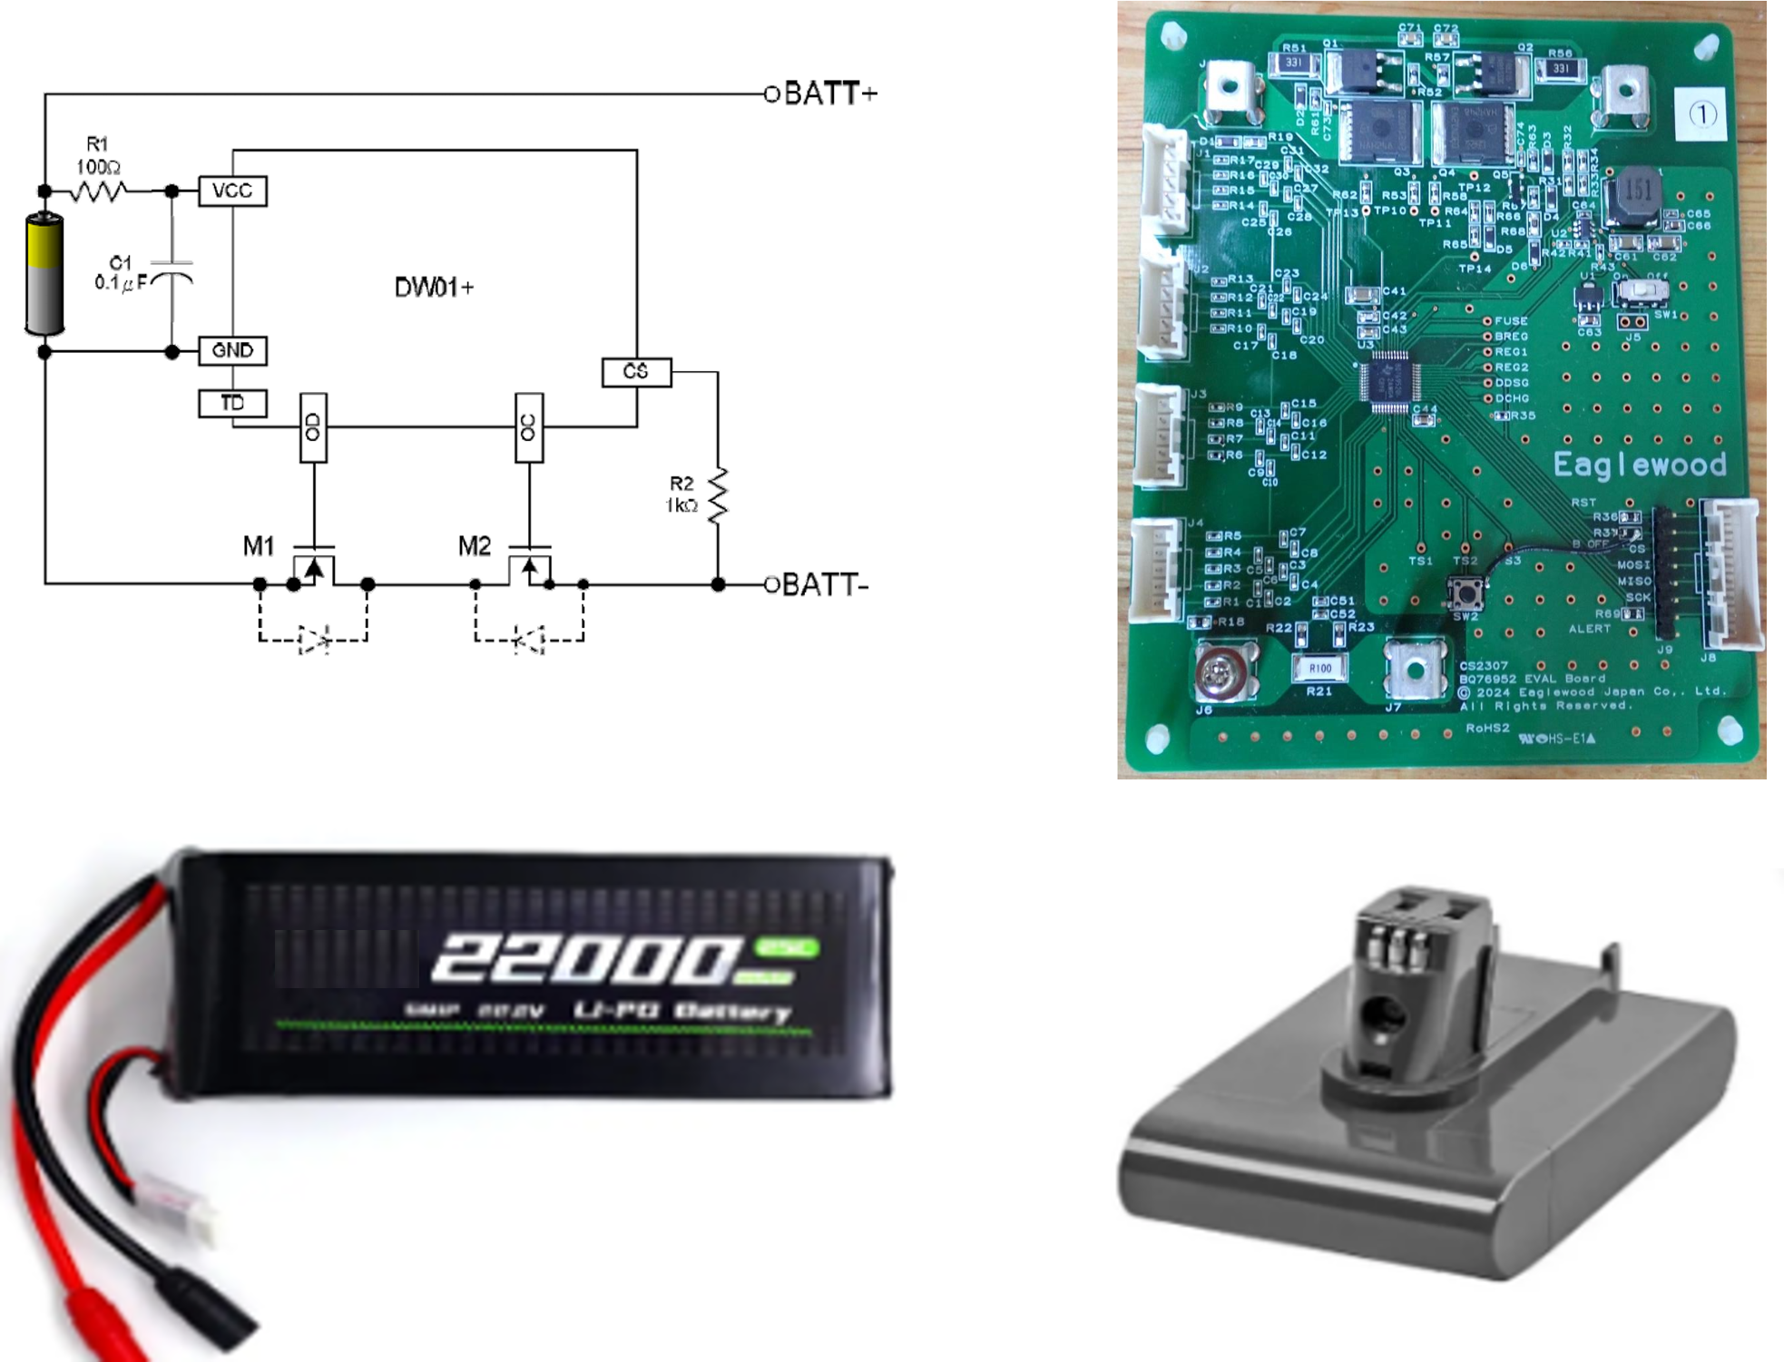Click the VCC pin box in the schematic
[x=232, y=191]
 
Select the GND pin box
[x=232, y=350]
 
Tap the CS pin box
[x=636, y=372]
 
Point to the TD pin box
[x=232, y=403]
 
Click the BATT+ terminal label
[x=830, y=93]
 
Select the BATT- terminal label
[x=825, y=585]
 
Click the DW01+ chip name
[x=434, y=288]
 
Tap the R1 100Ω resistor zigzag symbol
[x=100, y=191]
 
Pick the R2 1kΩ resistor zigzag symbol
[x=718, y=495]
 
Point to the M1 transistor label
[x=259, y=546]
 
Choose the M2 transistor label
[x=474, y=546]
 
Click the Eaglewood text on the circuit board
[x=1639, y=465]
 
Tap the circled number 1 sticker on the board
[x=1702, y=114]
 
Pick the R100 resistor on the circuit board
[x=1319, y=669]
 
